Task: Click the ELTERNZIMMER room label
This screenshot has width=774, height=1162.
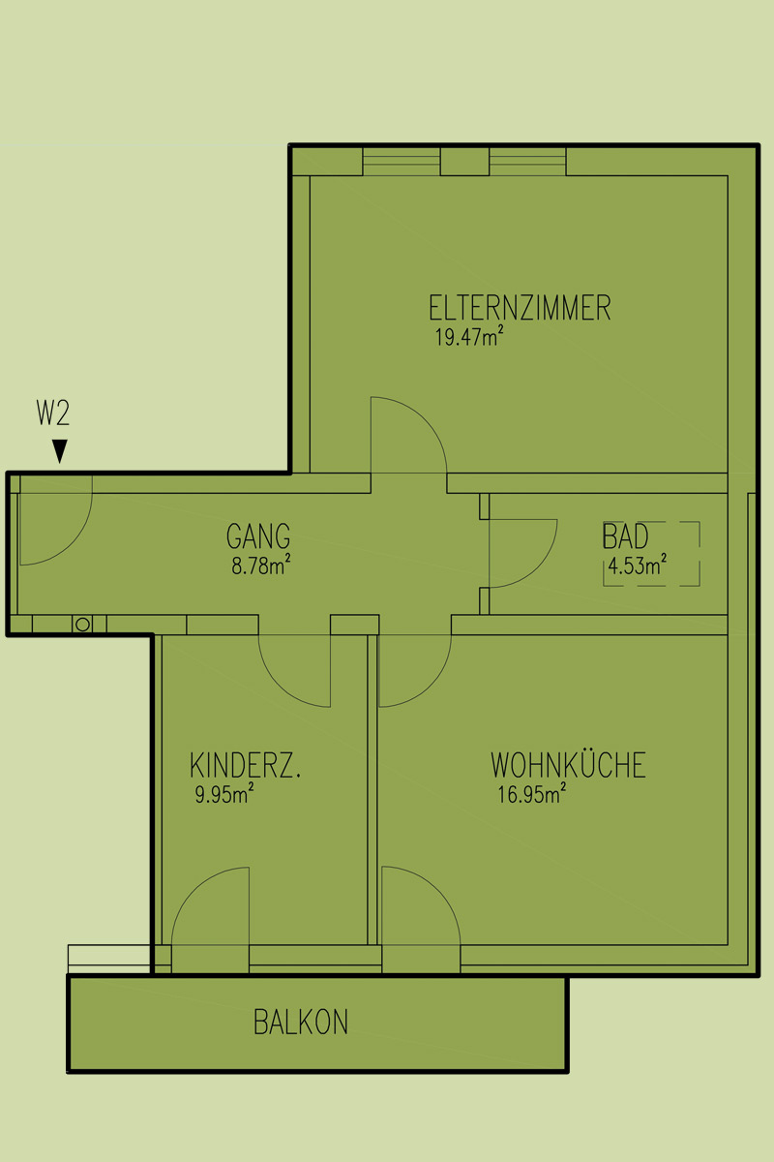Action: [520, 308]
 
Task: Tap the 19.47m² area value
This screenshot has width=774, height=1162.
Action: [469, 336]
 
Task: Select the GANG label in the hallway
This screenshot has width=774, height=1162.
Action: [258, 536]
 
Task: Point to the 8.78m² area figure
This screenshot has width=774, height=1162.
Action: [261, 565]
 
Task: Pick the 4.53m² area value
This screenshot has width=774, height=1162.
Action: [638, 565]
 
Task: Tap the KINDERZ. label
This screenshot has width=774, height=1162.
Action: [245, 765]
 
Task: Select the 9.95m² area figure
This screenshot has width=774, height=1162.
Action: [224, 794]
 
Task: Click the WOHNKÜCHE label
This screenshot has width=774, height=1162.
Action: [568, 764]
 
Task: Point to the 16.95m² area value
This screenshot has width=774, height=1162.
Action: [532, 794]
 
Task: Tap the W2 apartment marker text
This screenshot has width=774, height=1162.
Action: [53, 413]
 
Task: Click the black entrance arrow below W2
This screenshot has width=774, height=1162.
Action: [60, 451]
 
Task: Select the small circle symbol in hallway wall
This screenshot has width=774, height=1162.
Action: [82, 624]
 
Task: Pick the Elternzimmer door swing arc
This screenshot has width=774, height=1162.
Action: [425, 419]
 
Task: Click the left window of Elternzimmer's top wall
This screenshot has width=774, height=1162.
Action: [402, 162]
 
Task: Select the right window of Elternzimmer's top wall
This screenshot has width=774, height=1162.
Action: [527, 162]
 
